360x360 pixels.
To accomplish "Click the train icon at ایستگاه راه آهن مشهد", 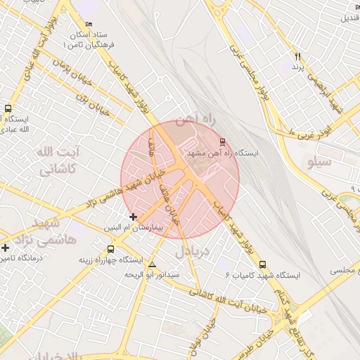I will pyautogui.click(x=223, y=141).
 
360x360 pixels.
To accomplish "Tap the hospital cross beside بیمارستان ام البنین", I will pyautogui.click(x=133, y=217).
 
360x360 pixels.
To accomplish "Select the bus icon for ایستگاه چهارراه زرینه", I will pyautogui.click(x=110, y=249).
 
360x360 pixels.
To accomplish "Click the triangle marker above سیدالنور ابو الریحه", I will pyautogui.click(x=153, y=264).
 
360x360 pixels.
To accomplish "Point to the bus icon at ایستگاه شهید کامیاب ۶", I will pyautogui.click(x=263, y=265).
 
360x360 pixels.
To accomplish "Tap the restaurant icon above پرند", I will pyautogui.click(x=297, y=56).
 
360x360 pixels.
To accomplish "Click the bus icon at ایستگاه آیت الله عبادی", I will pyautogui.click(x=8, y=109).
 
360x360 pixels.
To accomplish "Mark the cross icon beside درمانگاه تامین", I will pyautogui.click(x=6, y=247).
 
